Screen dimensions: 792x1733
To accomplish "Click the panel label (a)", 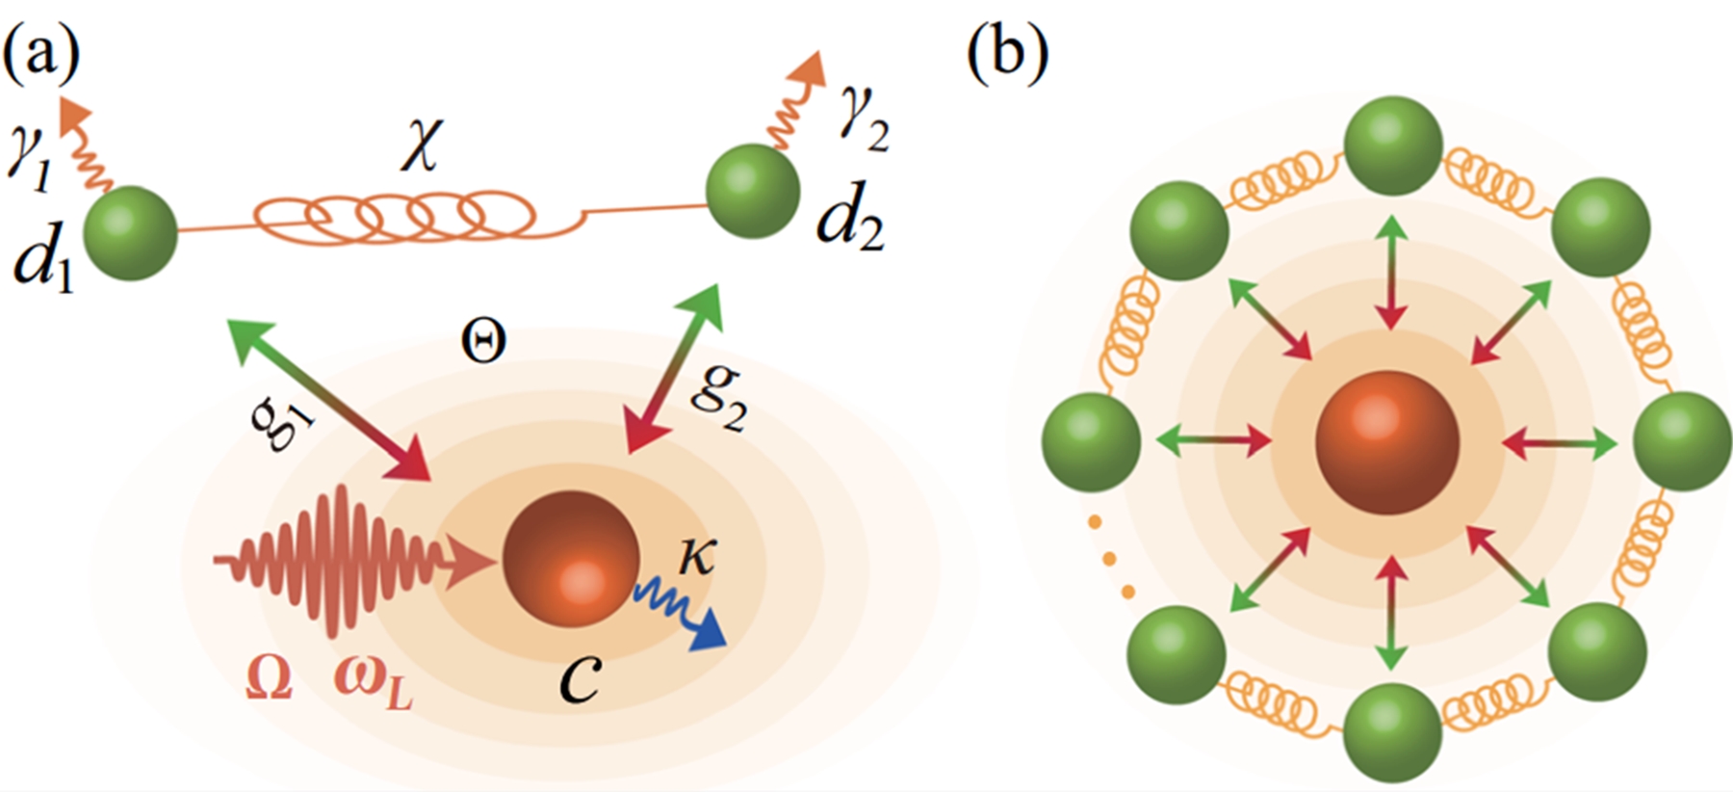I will pos(40,56).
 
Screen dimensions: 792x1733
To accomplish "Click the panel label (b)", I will pos(1006,56).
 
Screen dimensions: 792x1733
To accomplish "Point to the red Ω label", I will pos(269,680).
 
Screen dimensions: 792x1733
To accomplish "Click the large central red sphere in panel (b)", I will pos(1387,444).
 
